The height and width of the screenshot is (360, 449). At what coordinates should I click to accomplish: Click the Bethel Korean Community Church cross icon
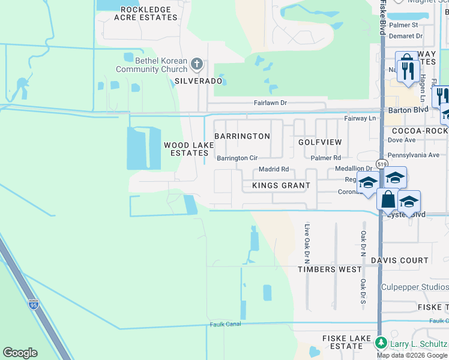[196, 64]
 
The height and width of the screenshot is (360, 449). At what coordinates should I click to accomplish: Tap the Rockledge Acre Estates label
[149, 13]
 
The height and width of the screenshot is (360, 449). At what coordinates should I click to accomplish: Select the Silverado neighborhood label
[199, 80]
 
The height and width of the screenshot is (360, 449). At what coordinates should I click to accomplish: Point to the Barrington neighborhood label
[242, 136]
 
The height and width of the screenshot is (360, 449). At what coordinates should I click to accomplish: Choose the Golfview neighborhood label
[320, 142]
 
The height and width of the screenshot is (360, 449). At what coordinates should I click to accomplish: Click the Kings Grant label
[281, 185]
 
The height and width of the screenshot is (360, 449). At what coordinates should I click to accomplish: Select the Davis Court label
[400, 260]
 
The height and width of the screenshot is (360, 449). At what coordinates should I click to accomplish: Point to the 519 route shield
[382, 163]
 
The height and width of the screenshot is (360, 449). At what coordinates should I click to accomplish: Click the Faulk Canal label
[225, 325]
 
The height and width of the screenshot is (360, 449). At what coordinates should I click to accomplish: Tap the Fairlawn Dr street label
[270, 103]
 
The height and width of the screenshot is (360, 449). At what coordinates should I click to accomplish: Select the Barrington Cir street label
[237, 158]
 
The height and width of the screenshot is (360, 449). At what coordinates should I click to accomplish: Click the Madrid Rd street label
[274, 169]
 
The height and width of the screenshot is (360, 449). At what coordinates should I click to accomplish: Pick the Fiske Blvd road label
[382, 18]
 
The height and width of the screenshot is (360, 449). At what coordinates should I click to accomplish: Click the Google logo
[20, 353]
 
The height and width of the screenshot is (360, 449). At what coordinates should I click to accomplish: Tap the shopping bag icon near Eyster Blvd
[388, 199]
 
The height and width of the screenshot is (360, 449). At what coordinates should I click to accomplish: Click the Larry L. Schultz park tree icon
[381, 343]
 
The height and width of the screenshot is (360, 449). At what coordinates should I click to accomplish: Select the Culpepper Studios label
[415, 287]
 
